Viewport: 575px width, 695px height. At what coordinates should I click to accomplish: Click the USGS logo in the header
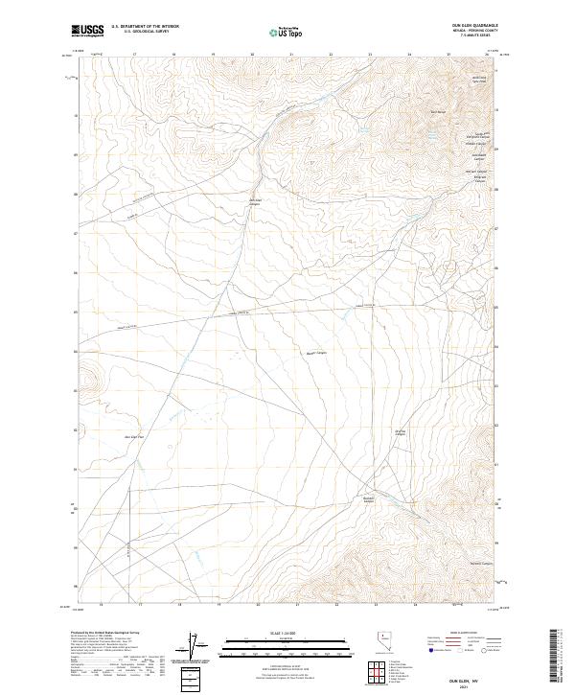point(87,31)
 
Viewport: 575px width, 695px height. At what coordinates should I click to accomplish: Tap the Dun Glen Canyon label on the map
point(255,202)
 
